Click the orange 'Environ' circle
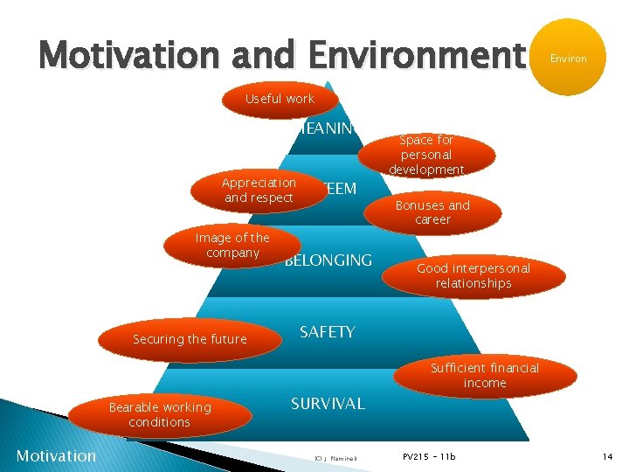(568, 59)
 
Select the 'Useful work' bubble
(280, 100)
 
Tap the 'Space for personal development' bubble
(426, 155)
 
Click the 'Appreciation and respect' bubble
(259, 191)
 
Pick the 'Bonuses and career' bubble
(432, 212)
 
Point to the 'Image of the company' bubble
(232, 246)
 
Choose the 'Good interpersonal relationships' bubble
(473, 276)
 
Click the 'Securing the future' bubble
(190, 339)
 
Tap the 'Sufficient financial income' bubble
(485, 376)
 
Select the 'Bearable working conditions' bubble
(159, 414)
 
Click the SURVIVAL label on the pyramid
(328, 404)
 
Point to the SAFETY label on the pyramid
(328, 332)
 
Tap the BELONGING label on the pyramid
(329, 260)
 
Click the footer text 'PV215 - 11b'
(429, 456)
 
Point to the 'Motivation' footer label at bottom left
(56, 455)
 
